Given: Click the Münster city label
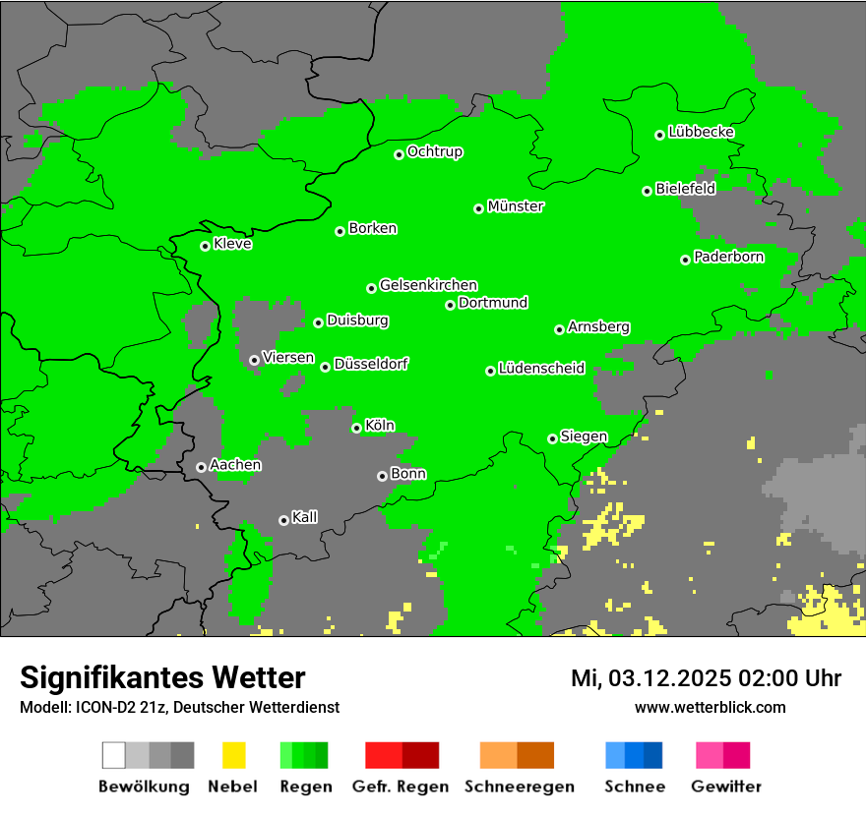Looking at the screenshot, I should pyautogui.click(x=516, y=206).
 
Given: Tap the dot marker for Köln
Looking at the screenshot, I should pyautogui.click(x=356, y=428).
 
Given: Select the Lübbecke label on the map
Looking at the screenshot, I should pyautogui.click(x=701, y=132).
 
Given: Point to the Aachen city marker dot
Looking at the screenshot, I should pyautogui.click(x=201, y=467).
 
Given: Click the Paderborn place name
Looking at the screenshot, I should pyautogui.click(x=728, y=257).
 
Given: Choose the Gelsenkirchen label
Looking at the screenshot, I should pyautogui.click(x=428, y=285).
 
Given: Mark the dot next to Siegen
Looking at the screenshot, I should pyautogui.click(x=552, y=438).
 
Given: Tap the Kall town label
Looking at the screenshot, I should pyautogui.click(x=305, y=517).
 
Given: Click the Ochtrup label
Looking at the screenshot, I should pyautogui.click(x=435, y=151).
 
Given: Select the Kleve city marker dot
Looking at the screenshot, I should pyautogui.click(x=205, y=246).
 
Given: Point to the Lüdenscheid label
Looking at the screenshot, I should pyautogui.click(x=541, y=369).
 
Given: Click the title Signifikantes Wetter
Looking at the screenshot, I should pyautogui.click(x=162, y=677).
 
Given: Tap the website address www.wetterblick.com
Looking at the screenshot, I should pyautogui.click(x=710, y=707).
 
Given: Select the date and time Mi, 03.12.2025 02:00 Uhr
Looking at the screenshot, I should pyautogui.click(x=706, y=678).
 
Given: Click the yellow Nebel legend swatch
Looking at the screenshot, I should pyautogui.click(x=233, y=755).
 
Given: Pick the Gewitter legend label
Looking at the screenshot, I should pyautogui.click(x=725, y=787).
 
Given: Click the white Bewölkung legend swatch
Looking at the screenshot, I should pyautogui.click(x=114, y=755).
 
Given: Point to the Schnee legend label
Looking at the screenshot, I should pyautogui.click(x=634, y=787).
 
